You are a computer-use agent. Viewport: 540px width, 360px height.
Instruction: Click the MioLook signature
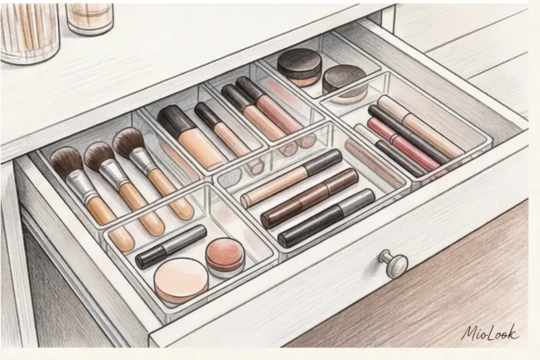[x=490, y=333]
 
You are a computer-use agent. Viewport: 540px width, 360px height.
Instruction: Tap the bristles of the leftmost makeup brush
[x=66, y=162]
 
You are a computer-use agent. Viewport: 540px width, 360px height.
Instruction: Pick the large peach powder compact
[x=181, y=280]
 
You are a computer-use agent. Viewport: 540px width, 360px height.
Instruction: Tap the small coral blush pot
[x=225, y=258]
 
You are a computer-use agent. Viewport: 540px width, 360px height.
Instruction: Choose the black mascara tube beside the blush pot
[x=171, y=247]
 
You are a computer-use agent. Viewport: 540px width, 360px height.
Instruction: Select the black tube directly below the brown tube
[x=326, y=217]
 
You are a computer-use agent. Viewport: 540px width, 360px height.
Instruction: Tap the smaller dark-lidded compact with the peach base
[x=345, y=84]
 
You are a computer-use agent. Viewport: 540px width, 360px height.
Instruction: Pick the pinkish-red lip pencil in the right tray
[x=398, y=145]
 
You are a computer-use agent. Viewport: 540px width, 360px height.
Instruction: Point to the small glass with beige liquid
[x=90, y=18]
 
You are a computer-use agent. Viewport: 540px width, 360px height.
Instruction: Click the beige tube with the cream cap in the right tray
[x=419, y=127]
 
